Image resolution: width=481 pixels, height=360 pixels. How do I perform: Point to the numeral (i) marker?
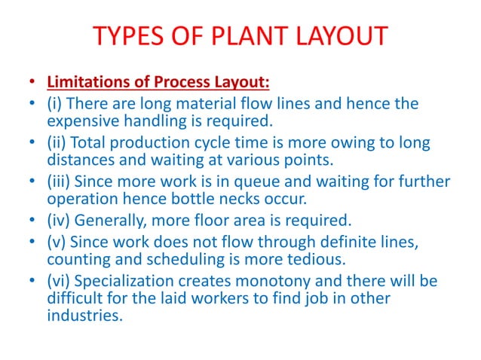click(54, 103)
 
